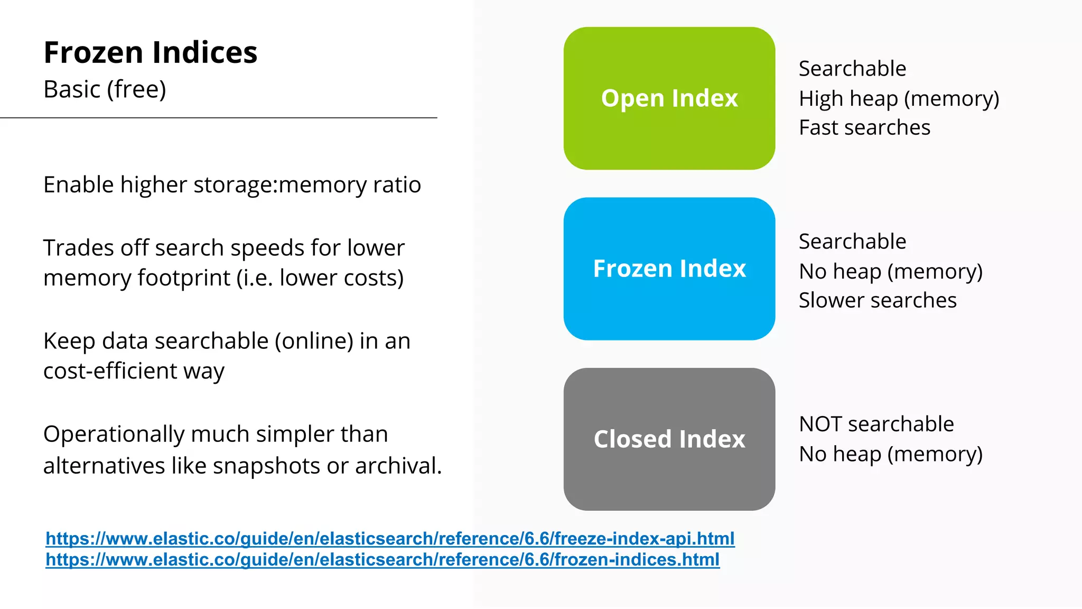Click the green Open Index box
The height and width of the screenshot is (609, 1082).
point(669,98)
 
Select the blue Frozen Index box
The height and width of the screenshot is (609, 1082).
point(669,269)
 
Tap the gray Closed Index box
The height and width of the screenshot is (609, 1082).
point(669,439)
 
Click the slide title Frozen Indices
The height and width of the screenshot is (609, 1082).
point(150,52)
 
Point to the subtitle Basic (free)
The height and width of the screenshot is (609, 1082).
point(105,89)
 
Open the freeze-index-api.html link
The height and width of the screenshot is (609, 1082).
point(390,538)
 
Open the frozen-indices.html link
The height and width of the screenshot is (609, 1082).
point(383,559)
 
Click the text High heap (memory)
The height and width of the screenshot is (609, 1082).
point(899,98)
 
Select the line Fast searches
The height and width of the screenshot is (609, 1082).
point(864,127)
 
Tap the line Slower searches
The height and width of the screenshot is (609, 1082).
point(878,300)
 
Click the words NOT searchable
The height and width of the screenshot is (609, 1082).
point(876,424)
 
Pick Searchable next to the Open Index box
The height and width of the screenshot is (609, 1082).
point(852,69)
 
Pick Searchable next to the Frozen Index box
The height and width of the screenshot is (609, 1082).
point(852,242)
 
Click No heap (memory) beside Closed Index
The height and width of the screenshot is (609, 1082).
point(891,454)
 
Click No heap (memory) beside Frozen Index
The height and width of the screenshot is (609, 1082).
point(891,271)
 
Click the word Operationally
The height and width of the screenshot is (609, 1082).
point(114,435)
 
